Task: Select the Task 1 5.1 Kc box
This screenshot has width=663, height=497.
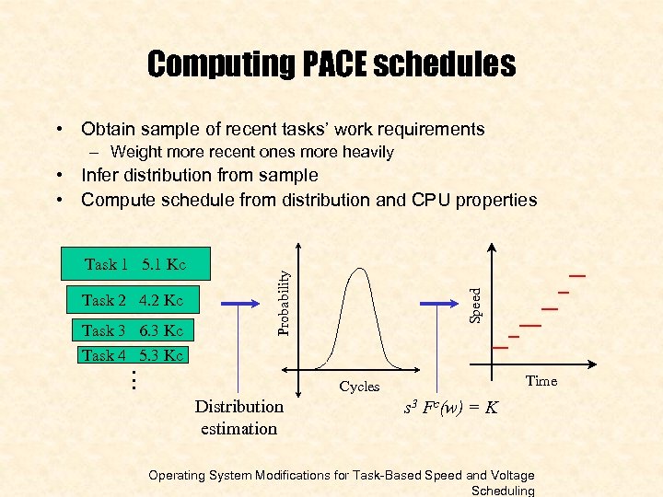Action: (134, 265)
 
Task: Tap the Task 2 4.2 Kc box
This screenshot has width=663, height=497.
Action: (132, 300)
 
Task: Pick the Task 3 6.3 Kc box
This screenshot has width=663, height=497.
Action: (132, 331)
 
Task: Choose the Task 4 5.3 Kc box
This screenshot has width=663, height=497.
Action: (132, 355)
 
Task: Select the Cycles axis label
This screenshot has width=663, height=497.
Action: (359, 387)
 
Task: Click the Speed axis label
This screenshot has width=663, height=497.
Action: (475, 304)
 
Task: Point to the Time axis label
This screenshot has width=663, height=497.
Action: (541, 381)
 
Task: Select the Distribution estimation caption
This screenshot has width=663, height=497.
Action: (239, 417)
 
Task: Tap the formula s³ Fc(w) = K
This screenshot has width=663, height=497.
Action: (451, 407)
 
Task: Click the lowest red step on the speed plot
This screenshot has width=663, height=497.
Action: (500, 348)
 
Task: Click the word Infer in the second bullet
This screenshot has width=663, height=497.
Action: (100, 175)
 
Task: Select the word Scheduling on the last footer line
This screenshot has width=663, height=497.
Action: (502, 491)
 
